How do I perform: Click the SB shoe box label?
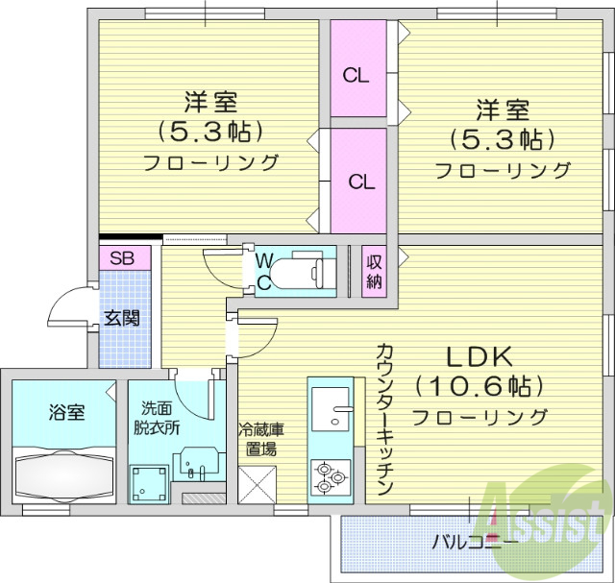122,257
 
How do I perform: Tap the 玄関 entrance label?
122,318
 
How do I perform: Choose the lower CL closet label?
361,181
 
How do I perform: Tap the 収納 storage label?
374,272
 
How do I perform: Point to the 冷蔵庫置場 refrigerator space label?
260,439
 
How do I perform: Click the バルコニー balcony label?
475,543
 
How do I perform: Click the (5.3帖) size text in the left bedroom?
210,130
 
